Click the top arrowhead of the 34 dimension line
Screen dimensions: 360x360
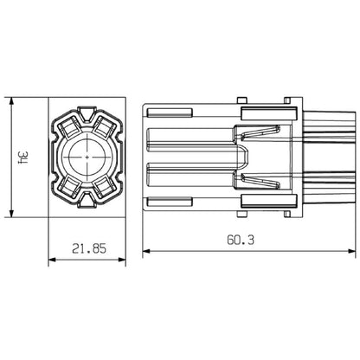10,100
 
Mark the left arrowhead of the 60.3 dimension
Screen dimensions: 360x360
145,252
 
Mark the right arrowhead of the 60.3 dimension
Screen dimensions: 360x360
353,252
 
